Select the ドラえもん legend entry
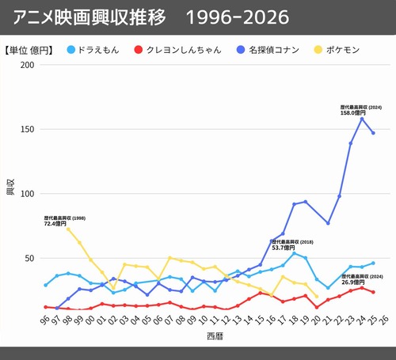pos(100,50)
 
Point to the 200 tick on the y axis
pos(28,64)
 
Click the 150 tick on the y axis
pos(28,129)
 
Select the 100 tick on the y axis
pos(28,194)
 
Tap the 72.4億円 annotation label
pos(55,224)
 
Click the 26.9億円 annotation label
pos(354,282)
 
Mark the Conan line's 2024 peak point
pos(362,119)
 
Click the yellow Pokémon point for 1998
pos(68,229)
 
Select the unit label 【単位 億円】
pos(29,50)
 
